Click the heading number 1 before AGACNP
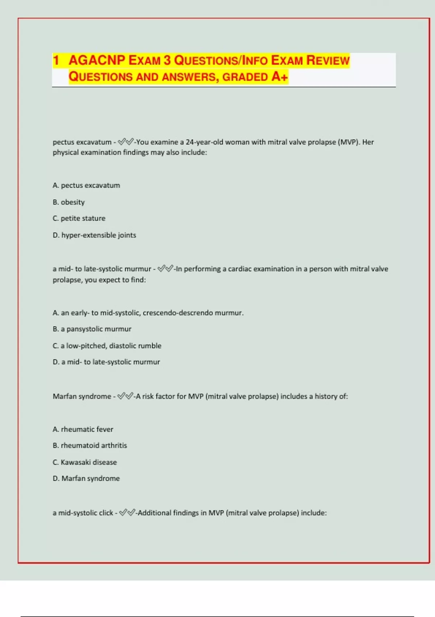[56, 60]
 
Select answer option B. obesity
[69, 202]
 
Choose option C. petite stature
[79, 218]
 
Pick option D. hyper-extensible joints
[94, 235]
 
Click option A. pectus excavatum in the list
[86, 185]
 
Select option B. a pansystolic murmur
[92, 329]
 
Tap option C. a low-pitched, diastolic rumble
[107, 346]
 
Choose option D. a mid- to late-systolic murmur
[106, 362]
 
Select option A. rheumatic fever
[83, 429]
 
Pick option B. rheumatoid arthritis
[90, 446]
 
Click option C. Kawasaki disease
[85, 462]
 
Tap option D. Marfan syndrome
[86, 479]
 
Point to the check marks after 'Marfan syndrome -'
[125, 396]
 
